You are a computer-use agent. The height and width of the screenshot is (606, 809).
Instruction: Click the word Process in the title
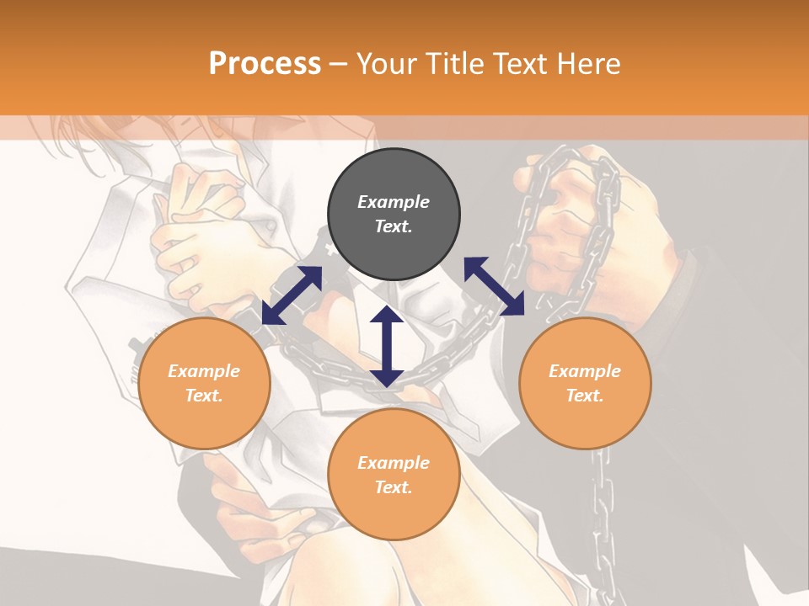265,63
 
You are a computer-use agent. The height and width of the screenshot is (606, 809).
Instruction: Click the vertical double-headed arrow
387,346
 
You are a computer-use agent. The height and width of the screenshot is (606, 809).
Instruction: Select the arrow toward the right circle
494,286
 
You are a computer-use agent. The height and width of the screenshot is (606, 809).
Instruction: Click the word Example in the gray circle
394,202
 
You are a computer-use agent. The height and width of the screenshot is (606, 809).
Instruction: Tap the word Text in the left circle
204,396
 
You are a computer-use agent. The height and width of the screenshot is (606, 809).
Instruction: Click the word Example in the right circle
585,371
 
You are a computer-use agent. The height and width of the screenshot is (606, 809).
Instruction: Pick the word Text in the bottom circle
394,487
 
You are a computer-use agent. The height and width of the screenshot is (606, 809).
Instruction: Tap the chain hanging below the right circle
602,505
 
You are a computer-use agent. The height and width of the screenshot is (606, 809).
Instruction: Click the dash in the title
339,63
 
